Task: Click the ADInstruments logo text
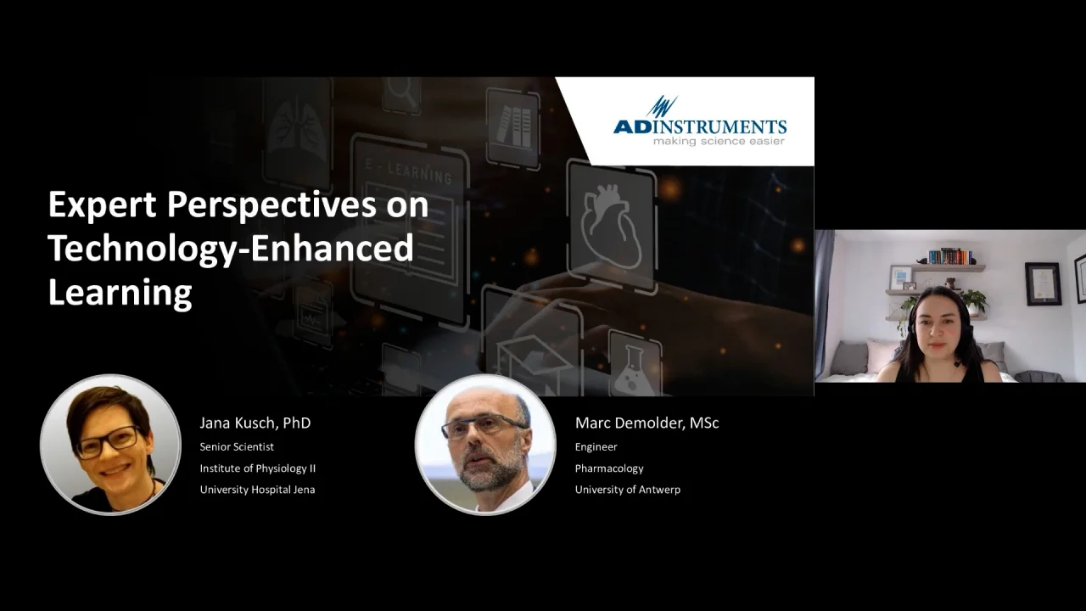tap(700, 126)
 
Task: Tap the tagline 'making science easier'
tap(719, 141)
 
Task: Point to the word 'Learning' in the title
tap(120, 293)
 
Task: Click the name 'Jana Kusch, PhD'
tap(255, 423)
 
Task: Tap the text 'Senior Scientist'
tap(237, 446)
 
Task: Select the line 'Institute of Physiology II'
tap(257, 468)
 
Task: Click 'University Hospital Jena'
tap(257, 490)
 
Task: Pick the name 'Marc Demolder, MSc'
tap(647, 423)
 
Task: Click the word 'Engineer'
tap(596, 447)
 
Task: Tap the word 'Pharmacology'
tap(609, 468)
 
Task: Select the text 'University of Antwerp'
tap(627, 490)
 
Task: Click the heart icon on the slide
tap(612, 227)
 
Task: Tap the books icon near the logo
tap(513, 126)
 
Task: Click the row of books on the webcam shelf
tap(950, 256)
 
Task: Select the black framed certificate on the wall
tap(1043, 284)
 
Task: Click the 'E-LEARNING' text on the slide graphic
tap(409, 172)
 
